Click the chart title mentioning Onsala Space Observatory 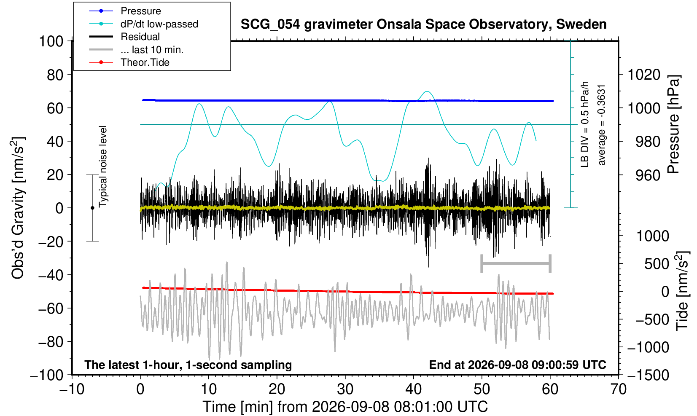(423, 24)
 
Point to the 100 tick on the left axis (51, 41)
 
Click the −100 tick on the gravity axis (47, 375)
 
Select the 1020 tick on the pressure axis (643, 75)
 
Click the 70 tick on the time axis (618, 389)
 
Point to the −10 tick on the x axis (72, 389)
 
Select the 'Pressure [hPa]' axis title (674, 124)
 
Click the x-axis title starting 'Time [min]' (345, 407)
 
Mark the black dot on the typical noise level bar (92, 208)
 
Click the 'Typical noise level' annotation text (103, 167)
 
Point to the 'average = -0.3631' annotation (601, 125)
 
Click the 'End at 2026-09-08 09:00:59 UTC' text (517, 365)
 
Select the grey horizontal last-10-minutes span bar (516, 263)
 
